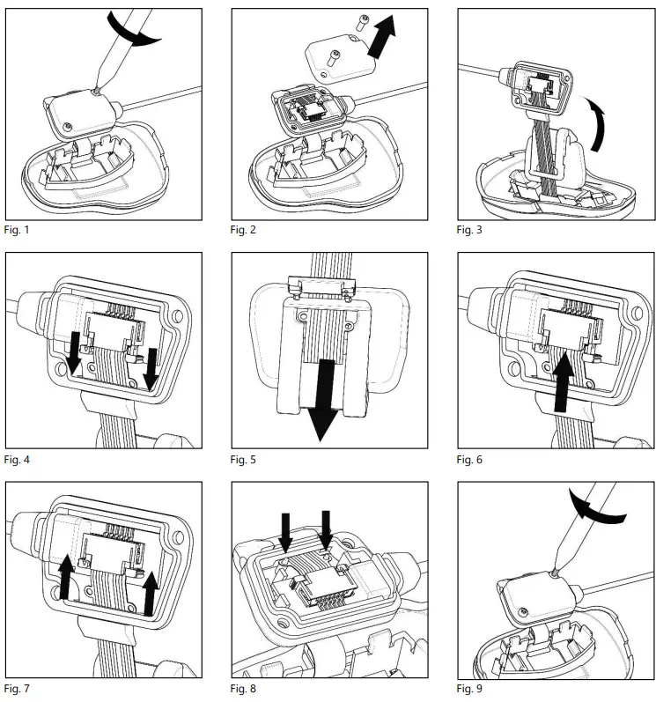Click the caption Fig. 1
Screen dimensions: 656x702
point(17,230)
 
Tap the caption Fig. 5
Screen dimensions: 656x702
point(243,460)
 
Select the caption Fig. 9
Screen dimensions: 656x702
point(469,689)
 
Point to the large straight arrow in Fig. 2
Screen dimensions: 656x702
point(381,36)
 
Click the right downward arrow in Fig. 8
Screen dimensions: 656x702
point(326,529)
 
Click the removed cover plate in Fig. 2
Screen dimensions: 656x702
point(341,60)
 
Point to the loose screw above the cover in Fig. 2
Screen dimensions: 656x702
point(363,22)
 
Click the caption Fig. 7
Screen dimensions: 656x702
point(17,689)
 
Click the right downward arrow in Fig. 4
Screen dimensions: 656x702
point(151,368)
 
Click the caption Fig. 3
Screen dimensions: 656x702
point(469,230)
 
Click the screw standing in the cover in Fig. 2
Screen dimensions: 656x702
point(334,58)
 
